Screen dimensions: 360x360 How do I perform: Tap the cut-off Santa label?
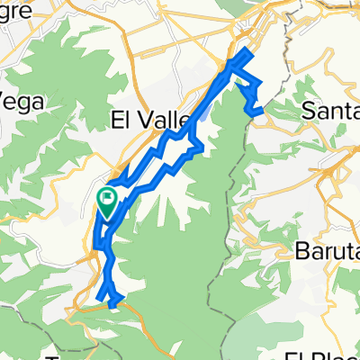coord(330,112)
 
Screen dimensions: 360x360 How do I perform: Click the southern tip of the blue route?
coord(112,305)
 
